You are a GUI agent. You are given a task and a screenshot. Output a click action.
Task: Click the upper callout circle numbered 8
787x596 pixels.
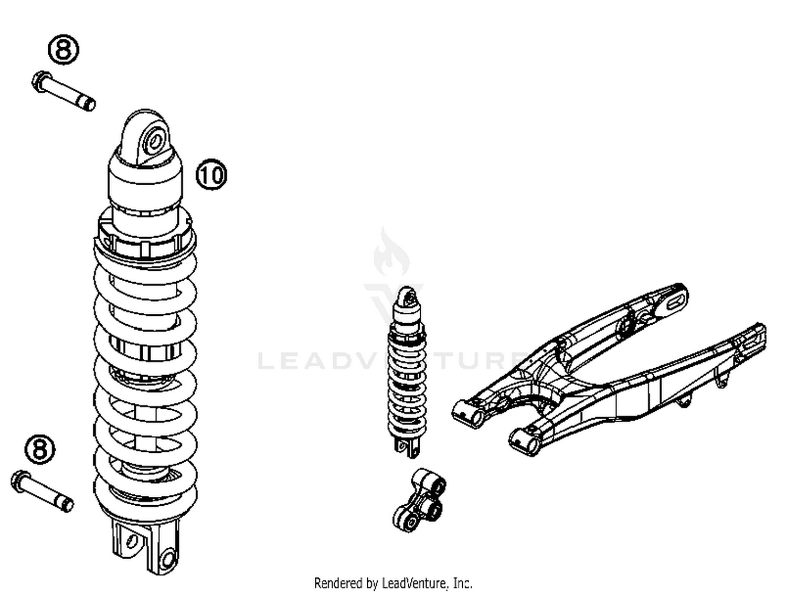tap(63, 50)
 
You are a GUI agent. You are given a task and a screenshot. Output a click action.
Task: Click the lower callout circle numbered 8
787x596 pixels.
tap(40, 449)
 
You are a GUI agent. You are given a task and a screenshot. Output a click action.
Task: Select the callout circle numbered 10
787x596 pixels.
tap(211, 174)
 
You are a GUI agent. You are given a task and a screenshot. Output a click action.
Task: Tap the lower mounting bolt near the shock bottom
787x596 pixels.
tap(42, 490)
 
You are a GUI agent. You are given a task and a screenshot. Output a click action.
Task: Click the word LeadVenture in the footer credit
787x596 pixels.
tap(415, 583)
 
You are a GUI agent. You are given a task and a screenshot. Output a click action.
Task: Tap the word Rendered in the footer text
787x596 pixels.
tap(338, 583)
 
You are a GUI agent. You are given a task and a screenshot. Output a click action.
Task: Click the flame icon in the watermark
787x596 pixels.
tap(391, 253)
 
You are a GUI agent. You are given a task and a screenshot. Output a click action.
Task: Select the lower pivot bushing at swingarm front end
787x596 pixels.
tap(525, 442)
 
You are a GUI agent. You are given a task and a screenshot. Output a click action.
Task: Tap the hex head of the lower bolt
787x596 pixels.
tap(19, 480)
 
